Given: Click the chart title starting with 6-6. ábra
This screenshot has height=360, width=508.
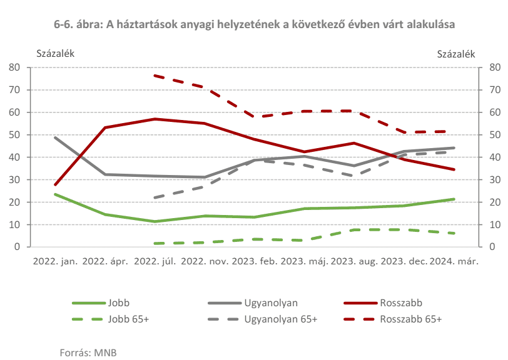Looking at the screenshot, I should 254,24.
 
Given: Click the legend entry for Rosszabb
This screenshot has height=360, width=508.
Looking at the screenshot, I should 400,303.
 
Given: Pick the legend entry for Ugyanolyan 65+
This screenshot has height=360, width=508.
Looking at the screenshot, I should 280,319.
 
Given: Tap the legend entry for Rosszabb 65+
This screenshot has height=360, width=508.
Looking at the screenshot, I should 410,319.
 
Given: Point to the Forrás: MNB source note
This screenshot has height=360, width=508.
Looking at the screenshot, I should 88,352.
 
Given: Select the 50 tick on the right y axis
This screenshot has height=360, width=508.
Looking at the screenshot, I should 493,135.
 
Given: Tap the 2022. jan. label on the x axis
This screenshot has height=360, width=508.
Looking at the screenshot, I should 54,261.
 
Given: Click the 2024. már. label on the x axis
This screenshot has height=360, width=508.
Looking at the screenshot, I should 454,261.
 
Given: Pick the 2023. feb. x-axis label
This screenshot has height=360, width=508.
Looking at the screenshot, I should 255,261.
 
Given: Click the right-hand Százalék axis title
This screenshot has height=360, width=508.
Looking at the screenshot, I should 455,53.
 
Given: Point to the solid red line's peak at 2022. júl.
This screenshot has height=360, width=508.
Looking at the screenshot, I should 155,119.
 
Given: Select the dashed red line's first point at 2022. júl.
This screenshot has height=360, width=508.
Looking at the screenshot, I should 155,76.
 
